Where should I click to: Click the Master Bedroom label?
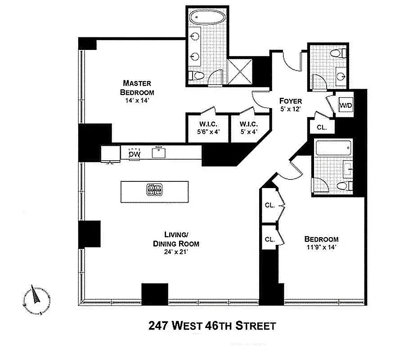[x=137, y=88]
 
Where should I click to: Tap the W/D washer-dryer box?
[x=346, y=105]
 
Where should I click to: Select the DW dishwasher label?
[x=134, y=154]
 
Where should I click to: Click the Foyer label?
[x=290, y=105]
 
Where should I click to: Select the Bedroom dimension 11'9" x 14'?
[x=321, y=247]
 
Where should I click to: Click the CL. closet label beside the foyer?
[x=322, y=127]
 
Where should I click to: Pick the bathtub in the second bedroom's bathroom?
[x=333, y=147]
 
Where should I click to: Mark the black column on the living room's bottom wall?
[x=155, y=294]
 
